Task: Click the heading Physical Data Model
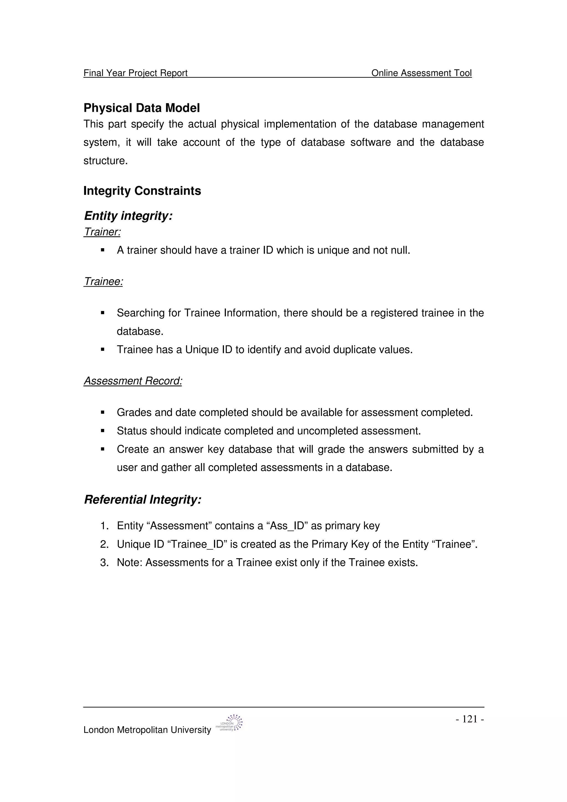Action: tap(141, 108)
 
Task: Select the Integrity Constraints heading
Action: tap(142, 191)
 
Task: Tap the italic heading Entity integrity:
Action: tap(128, 216)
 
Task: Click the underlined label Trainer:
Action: tap(102, 232)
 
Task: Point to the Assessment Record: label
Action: tap(133, 381)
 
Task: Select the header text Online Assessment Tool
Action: tap(421, 73)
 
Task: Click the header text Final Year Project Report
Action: tap(136, 73)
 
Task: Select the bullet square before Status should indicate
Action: tap(103, 431)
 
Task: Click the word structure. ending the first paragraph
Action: tap(105, 161)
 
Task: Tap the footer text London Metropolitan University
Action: tap(147, 730)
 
